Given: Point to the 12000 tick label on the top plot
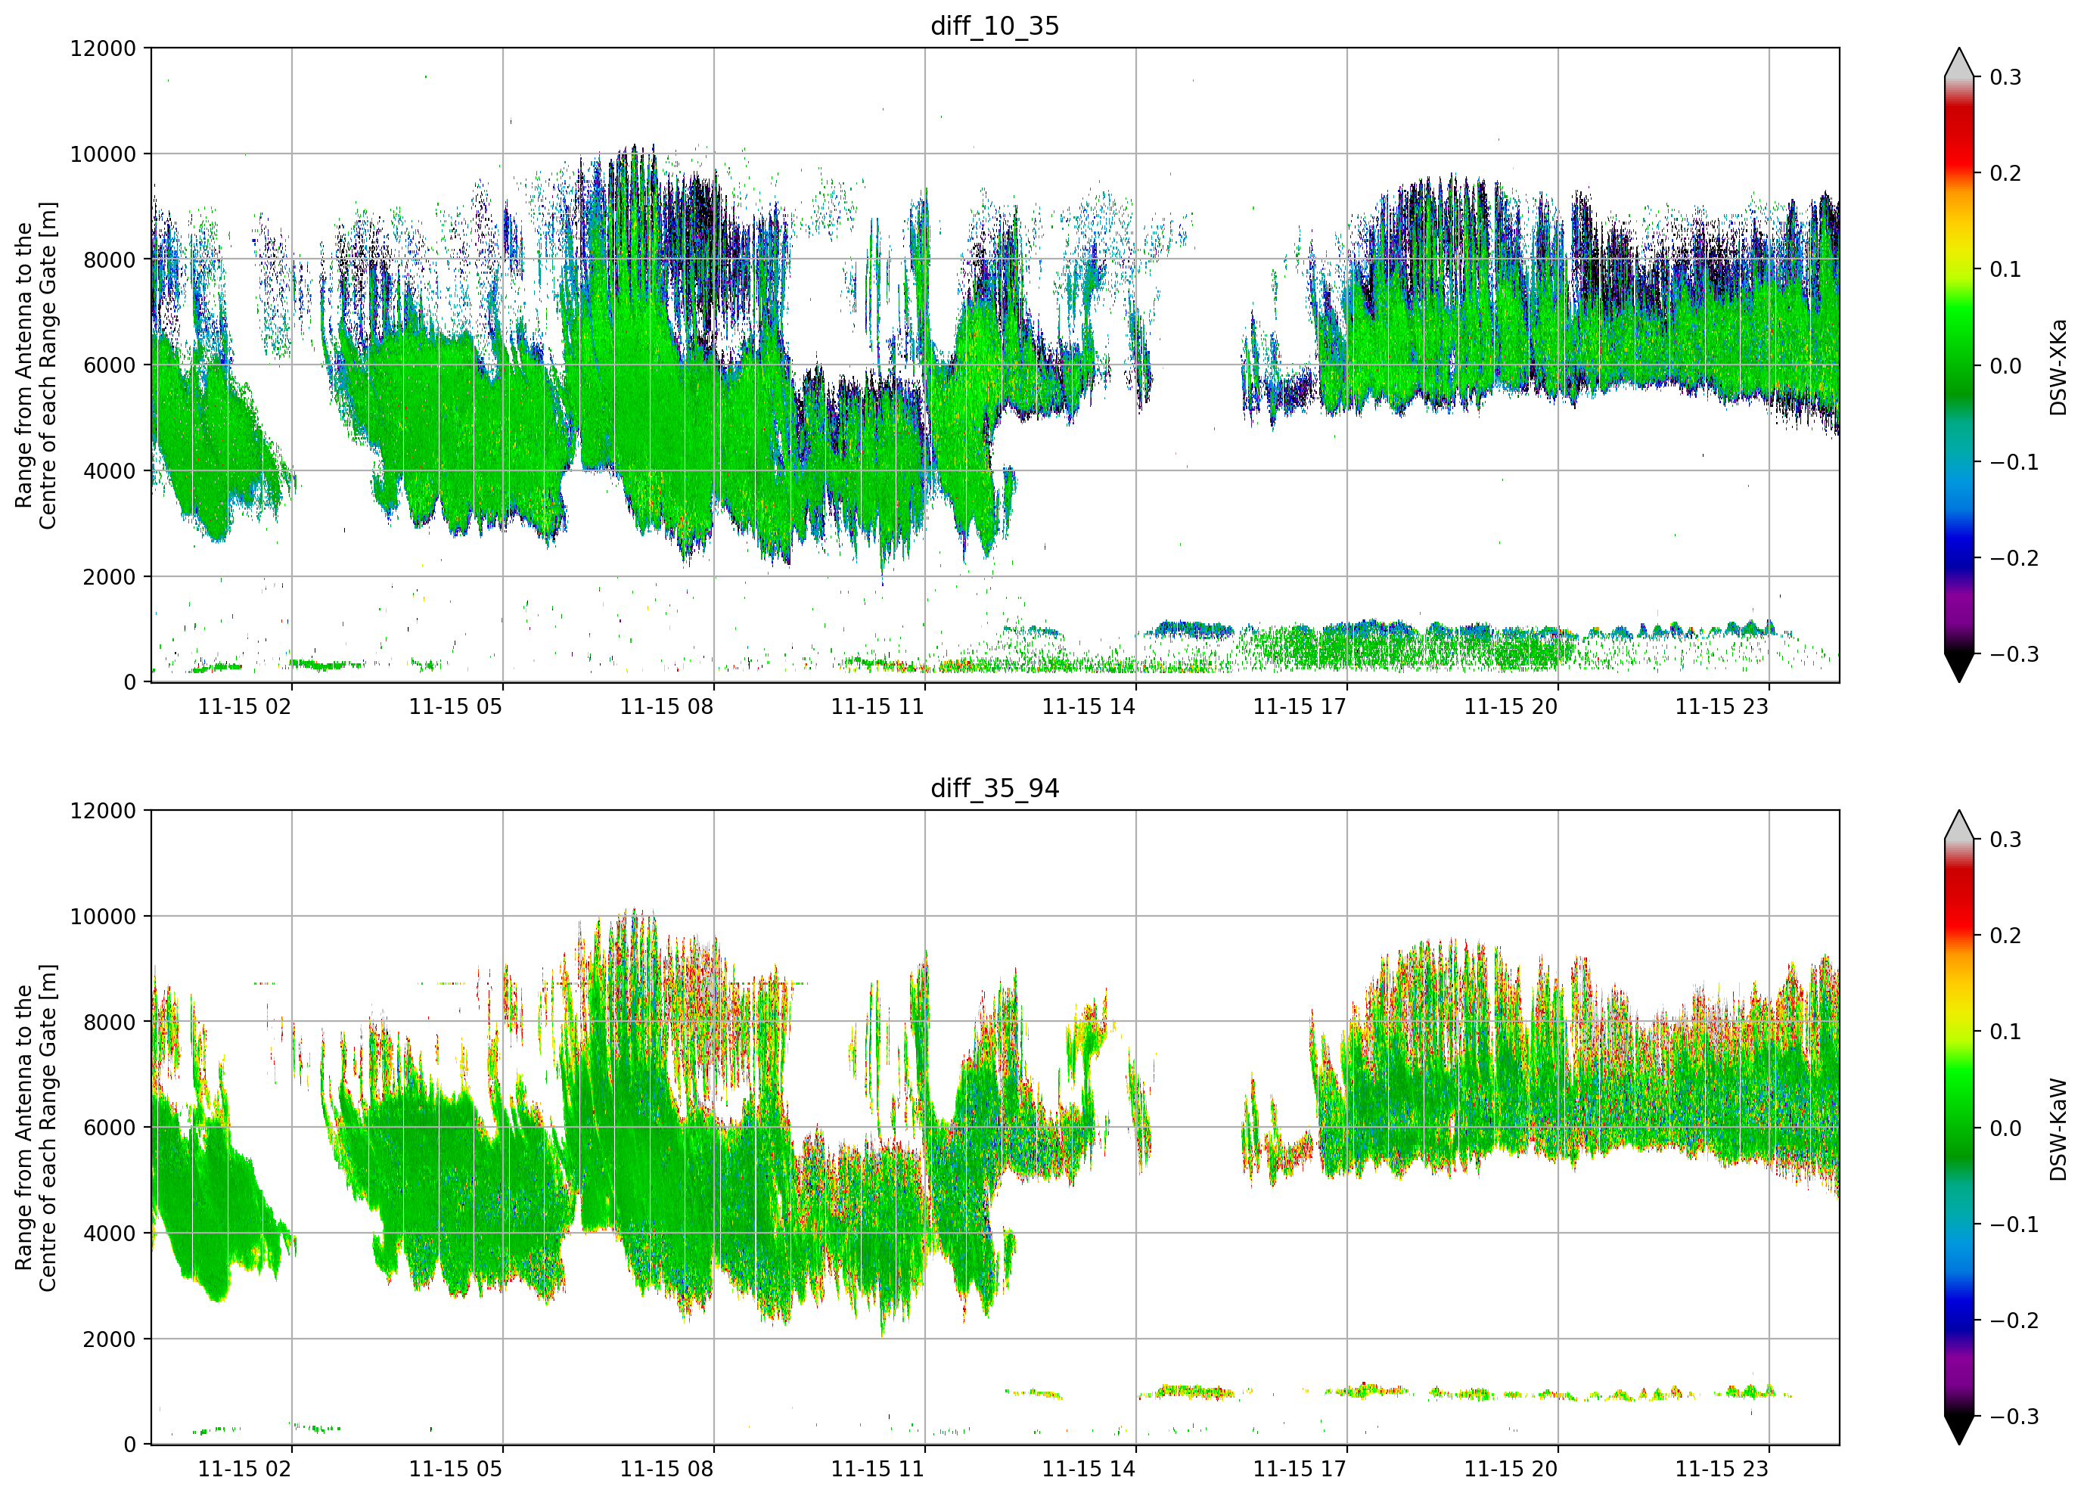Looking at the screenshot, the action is coord(103,48).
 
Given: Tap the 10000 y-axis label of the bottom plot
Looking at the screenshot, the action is coord(103,916).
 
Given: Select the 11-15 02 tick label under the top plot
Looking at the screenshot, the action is coord(244,706).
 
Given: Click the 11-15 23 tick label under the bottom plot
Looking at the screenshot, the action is coord(1721,1470).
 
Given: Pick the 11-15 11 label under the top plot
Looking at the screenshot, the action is coord(877,706).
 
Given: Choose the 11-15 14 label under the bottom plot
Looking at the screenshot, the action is coord(1089,1470).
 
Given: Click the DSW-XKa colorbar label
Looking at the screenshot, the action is coord(2058,367).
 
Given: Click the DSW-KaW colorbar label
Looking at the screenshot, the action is coord(2058,1129).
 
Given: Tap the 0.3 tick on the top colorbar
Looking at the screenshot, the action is coord(2005,77).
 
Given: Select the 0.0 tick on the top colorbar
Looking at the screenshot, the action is coord(2005,366).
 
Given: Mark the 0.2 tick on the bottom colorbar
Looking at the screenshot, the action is coord(2005,936).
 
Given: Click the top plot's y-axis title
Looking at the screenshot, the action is coord(36,366).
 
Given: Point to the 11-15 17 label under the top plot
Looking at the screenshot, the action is coord(1300,706).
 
